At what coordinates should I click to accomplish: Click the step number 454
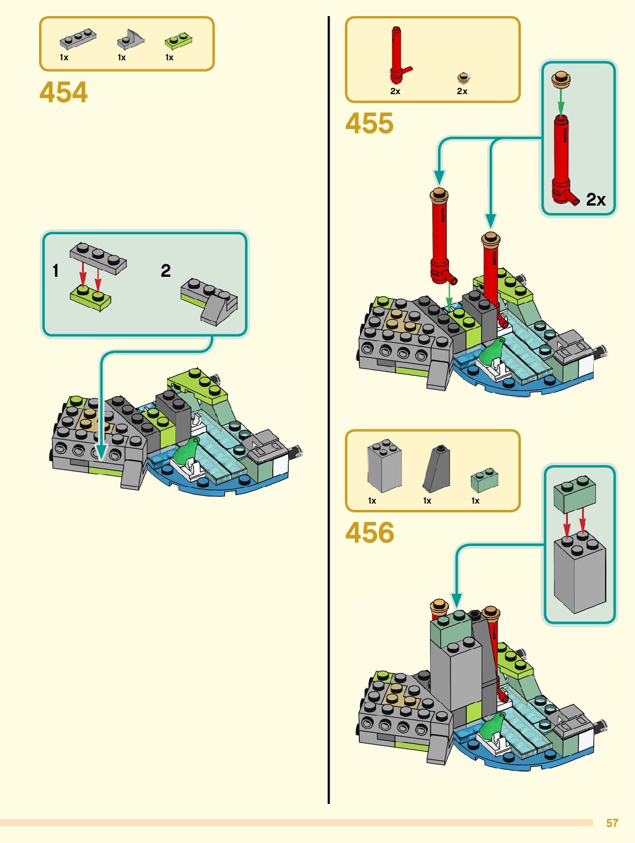pyautogui.click(x=64, y=92)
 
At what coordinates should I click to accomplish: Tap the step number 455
pyautogui.click(x=370, y=123)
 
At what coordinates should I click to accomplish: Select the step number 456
pyautogui.click(x=370, y=533)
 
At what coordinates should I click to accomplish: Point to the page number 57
pyautogui.click(x=612, y=823)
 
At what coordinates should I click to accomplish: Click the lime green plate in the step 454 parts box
pyautogui.click(x=178, y=41)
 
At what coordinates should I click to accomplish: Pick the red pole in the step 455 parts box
pyautogui.click(x=397, y=55)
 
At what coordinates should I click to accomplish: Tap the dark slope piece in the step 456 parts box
pyautogui.click(x=437, y=468)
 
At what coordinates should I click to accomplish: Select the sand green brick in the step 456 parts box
pyautogui.click(x=484, y=479)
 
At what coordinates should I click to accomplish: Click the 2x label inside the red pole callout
pyautogui.click(x=596, y=199)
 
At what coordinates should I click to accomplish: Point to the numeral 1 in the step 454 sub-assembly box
pyautogui.click(x=56, y=270)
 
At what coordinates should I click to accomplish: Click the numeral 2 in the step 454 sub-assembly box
pyautogui.click(x=166, y=270)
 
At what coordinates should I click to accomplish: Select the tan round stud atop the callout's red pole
pyautogui.click(x=561, y=79)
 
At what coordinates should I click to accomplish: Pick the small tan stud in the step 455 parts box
pyautogui.click(x=463, y=78)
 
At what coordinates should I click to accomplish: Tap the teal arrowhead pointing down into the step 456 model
pyautogui.click(x=456, y=601)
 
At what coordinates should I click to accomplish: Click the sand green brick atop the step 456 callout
pyautogui.click(x=575, y=496)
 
